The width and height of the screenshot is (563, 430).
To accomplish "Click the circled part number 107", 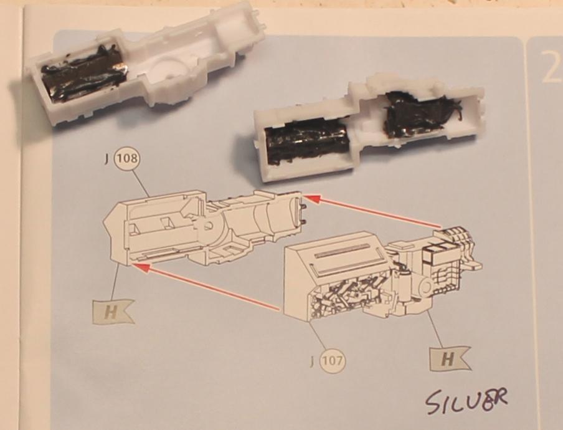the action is pyautogui.click(x=333, y=360).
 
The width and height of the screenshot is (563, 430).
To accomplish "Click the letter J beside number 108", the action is pyautogui.click(x=106, y=159).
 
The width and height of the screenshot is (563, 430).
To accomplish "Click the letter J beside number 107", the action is pyautogui.click(x=312, y=360).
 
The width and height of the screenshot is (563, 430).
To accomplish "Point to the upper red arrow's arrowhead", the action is pyautogui.click(x=311, y=198).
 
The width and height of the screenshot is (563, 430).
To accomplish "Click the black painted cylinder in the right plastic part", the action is pyautogui.click(x=306, y=142).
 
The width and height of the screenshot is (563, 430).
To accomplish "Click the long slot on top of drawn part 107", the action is pyautogui.click(x=342, y=251).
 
